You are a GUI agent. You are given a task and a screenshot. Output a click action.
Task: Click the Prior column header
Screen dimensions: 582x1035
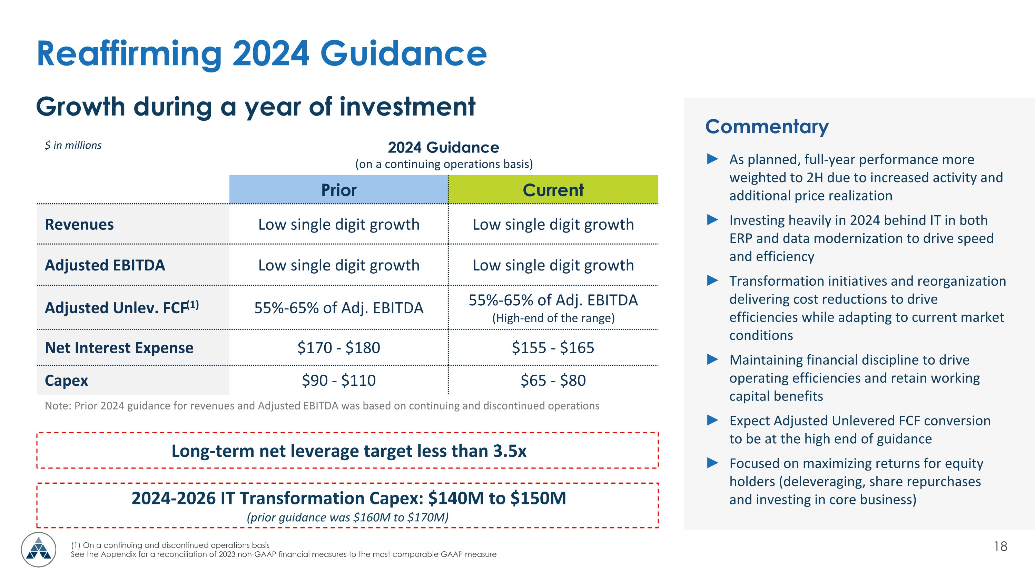[x=338, y=190]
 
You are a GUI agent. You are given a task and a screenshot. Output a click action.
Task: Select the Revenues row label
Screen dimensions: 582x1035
[x=79, y=225]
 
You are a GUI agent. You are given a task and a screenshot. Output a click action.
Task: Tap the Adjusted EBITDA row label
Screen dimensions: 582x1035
[x=105, y=266]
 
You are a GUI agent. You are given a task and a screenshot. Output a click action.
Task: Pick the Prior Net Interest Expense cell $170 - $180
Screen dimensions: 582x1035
[x=338, y=348]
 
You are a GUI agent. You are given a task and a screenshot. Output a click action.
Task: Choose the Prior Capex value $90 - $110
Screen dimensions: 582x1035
[x=338, y=381]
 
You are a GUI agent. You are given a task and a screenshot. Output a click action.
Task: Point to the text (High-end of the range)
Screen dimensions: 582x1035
[x=553, y=318]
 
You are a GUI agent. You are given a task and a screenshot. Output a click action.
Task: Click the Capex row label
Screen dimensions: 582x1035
[x=66, y=381]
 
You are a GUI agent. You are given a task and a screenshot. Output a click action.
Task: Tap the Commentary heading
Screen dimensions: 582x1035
[x=767, y=127]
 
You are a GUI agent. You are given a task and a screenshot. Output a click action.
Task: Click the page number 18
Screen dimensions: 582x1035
[x=1000, y=546]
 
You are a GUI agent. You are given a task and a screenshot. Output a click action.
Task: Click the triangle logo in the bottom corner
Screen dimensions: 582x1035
[x=39, y=550]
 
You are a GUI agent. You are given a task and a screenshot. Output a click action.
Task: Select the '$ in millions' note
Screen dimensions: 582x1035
[x=73, y=145]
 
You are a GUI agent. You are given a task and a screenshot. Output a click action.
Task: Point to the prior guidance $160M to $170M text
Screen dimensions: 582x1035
[x=347, y=517]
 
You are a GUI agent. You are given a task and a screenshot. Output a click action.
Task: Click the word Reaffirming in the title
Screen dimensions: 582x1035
[x=129, y=54]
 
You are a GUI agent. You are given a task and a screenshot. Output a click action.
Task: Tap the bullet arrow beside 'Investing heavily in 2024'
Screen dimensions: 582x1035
[x=712, y=220]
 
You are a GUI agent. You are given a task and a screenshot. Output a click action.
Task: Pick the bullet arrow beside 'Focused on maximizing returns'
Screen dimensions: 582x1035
[x=712, y=463]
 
